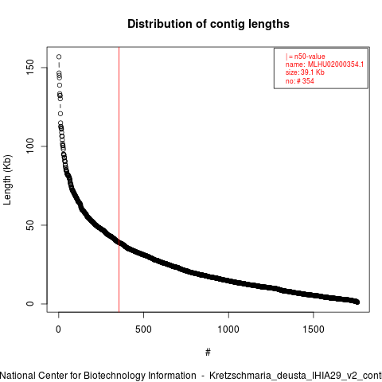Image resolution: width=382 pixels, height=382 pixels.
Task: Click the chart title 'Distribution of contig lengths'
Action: tap(209, 24)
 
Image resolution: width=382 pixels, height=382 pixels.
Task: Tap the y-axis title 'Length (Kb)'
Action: tap(7, 180)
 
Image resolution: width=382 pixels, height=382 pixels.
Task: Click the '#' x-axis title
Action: tap(208, 352)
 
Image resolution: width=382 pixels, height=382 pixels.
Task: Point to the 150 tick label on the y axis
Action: tap(30, 68)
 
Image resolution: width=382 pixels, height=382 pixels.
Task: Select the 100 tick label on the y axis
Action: tap(30, 146)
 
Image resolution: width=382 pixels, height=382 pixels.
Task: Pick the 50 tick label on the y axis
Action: tap(30, 225)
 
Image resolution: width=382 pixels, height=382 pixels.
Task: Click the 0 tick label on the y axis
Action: tap(30, 304)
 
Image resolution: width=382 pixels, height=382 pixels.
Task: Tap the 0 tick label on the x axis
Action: tap(58, 329)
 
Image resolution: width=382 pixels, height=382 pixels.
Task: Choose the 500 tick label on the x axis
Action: tap(143, 329)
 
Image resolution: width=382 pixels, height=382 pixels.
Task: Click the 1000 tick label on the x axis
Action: tap(228, 329)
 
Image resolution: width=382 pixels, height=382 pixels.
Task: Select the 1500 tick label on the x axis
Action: tap(314, 329)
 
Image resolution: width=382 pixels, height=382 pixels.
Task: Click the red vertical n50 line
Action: tap(119, 180)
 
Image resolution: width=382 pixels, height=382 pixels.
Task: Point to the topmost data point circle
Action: tap(59, 57)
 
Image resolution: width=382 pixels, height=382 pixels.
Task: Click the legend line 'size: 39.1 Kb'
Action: tap(305, 72)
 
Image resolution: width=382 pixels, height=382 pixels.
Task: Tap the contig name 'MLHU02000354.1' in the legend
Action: tap(336, 64)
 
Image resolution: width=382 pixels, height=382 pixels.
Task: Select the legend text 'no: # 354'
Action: tap(300, 81)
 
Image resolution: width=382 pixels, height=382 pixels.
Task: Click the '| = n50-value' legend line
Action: tap(306, 57)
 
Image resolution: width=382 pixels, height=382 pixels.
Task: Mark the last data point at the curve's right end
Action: tap(357, 302)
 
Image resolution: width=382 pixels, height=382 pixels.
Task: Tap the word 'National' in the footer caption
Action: tap(18, 376)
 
